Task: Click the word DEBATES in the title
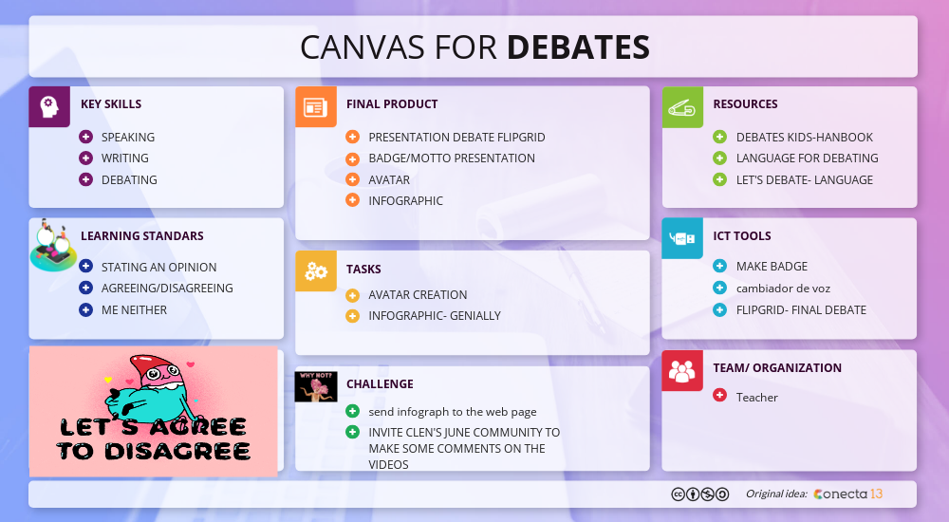(x=578, y=47)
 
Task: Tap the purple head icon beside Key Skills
(x=49, y=106)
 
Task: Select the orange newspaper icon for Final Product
(x=315, y=106)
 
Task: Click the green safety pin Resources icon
(x=682, y=106)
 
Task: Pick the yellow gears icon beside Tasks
(x=315, y=271)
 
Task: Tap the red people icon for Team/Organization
(x=682, y=370)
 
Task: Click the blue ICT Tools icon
(x=682, y=238)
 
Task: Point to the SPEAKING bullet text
(x=128, y=137)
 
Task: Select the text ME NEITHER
(x=134, y=309)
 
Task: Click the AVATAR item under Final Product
(x=389, y=179)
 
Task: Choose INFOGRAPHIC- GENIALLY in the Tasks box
(x=434, y=315)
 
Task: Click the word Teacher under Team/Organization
(x=756, y=397)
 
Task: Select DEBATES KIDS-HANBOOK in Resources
(x=804, y=137)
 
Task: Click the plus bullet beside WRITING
(x=85, y=158)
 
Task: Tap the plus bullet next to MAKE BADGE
(x=719, y=266)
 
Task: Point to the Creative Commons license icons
(x=700, y=494)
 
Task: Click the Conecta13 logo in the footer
(x=848, y=494)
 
